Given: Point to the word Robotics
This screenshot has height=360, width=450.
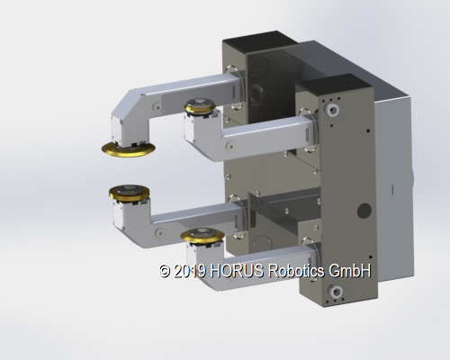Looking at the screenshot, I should point(301,270).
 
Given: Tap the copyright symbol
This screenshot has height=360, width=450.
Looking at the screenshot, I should point(165,270).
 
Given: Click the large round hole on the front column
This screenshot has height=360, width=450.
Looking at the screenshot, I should point(364,211).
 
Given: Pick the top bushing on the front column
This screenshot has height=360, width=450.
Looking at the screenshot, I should point(334,110).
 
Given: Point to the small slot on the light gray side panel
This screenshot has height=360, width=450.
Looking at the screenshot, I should point(392,188).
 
